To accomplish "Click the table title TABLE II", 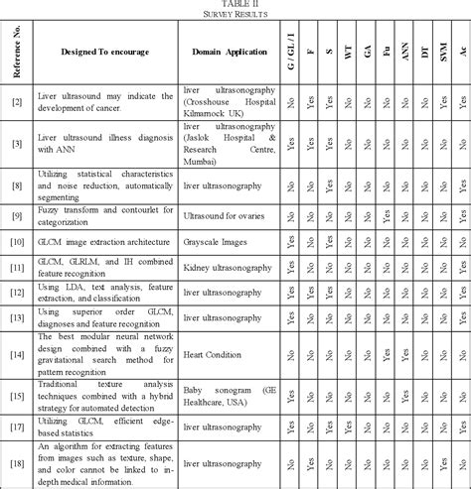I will coord(235,4).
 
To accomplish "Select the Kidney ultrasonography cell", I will coord(225,268).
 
